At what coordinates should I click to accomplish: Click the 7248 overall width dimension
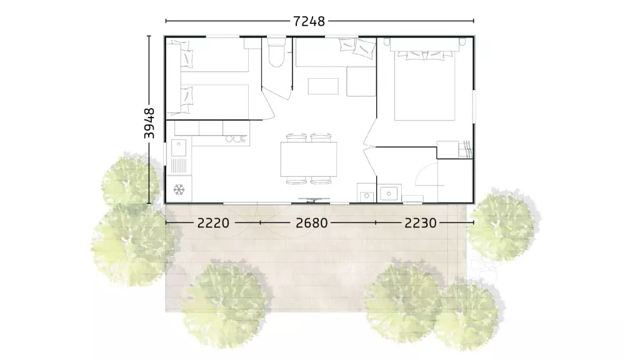click(x=309, y=21)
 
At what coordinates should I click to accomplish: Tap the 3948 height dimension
click(x=149, y=123)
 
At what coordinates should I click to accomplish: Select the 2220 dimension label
click(x=213, y=223)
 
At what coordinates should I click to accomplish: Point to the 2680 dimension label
click(x=312, y=223)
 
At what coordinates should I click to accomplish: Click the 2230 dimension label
click(x=421, y=223)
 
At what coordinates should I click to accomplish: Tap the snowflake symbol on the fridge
click(x=179, y=189)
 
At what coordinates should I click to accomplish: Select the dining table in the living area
click(x=309, y=159)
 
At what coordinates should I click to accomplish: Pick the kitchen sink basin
click(x=179, y=147)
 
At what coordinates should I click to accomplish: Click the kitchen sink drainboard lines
click(x=179, y=165)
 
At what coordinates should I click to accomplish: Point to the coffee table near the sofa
click(x=323, y=86)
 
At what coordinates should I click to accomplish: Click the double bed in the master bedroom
click(x=425, y=86)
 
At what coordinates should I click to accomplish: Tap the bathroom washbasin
click(x=388, y=194)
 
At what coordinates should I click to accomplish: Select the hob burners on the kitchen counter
click(x=236, y=139)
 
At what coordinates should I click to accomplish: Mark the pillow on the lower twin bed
click(x=186, y=96)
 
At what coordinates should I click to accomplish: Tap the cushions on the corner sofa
click(x=357, y=47)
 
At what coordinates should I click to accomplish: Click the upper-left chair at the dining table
click(x=296, y=137)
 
